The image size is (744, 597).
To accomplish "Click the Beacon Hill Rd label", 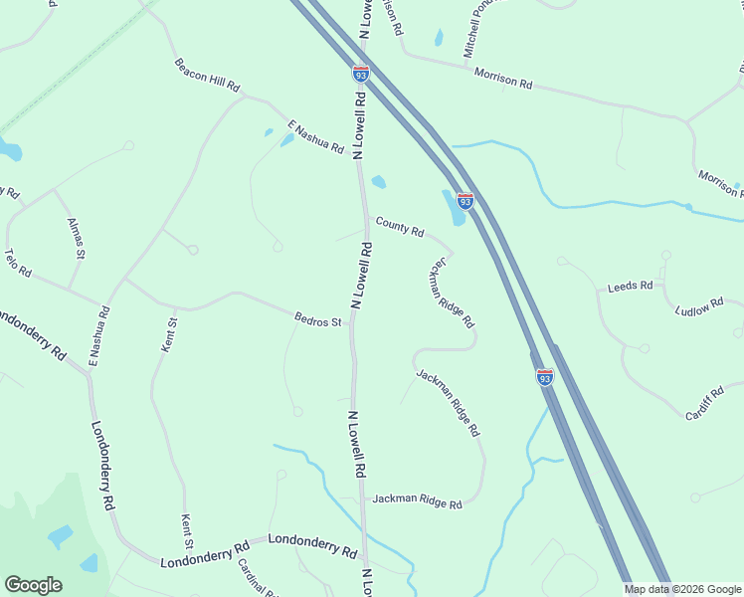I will [x=208, y=76].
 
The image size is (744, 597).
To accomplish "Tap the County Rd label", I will [x=399, y=228].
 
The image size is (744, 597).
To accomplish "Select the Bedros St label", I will [x=318, y=320].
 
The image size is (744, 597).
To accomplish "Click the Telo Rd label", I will [x=18, y=263].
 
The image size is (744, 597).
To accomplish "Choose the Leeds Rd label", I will [x=630, y=287].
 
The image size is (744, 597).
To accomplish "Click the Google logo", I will [x=33, y=585].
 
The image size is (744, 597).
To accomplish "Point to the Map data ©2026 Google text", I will [x=682, y=589].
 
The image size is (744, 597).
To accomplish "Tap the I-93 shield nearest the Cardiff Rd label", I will [x=544, y=377].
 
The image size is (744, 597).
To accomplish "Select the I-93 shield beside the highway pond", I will [x=465, y=201].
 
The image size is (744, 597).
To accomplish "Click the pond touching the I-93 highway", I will [x=453, y=207].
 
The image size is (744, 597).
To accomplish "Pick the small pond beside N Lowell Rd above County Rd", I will [x=378, y=182].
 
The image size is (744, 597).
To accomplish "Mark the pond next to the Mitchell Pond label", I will [x=439, y=39].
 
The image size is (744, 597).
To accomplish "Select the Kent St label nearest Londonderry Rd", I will [x=186, y=531].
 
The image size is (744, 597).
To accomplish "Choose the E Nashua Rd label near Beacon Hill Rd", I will [x=315, y=136].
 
